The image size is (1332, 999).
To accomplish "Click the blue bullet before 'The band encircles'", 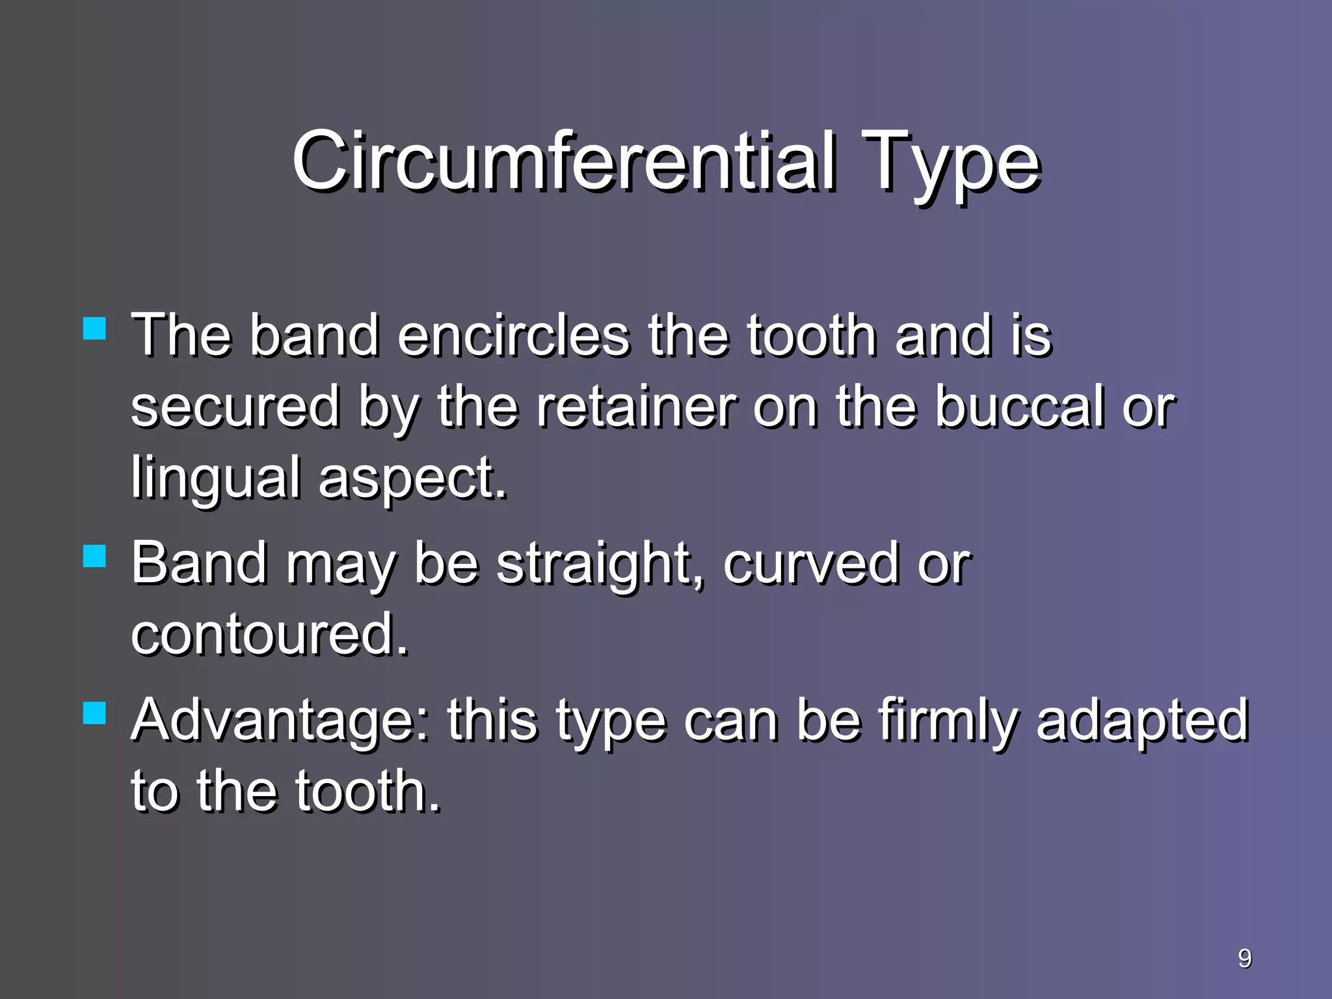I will point(95,328).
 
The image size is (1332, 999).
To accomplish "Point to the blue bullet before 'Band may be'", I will point(95,556).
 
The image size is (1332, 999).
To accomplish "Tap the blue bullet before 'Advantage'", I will point(95,712).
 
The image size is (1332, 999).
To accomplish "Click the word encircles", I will point(514,336).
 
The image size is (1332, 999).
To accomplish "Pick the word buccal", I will point(1020,407).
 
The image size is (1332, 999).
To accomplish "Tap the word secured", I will point(235,407).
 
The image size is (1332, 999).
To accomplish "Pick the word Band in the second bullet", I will point(199,563).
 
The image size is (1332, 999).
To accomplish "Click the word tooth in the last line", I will point(368,792).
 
